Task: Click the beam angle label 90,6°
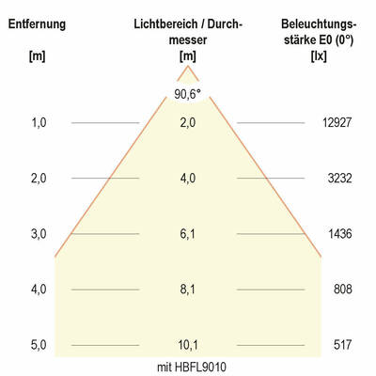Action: tap(188, 93)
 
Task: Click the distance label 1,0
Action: tap(39, 122)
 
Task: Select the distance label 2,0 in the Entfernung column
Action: tap(39, 178)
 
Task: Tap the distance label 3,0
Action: tap(39, 233)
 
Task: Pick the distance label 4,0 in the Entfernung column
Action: tap(39, 290)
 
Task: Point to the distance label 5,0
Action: tap(39, 345)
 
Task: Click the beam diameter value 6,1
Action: tap(188, 233)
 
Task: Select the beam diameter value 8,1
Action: tap(188, 290)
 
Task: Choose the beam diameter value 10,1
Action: tap(188, 345)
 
